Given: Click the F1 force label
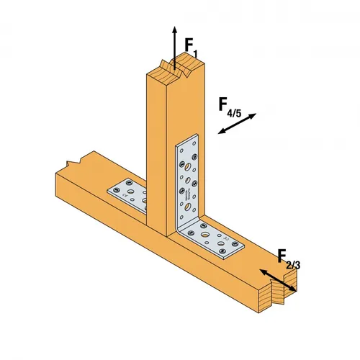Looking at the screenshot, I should [189, 48].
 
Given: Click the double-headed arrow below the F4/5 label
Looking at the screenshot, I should [236, 124].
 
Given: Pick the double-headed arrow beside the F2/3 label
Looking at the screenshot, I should [277, 281].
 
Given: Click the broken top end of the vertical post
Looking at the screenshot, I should [173, 69].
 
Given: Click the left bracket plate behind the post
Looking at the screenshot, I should [127, 193].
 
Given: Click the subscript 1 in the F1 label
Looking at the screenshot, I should [195, 53].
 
